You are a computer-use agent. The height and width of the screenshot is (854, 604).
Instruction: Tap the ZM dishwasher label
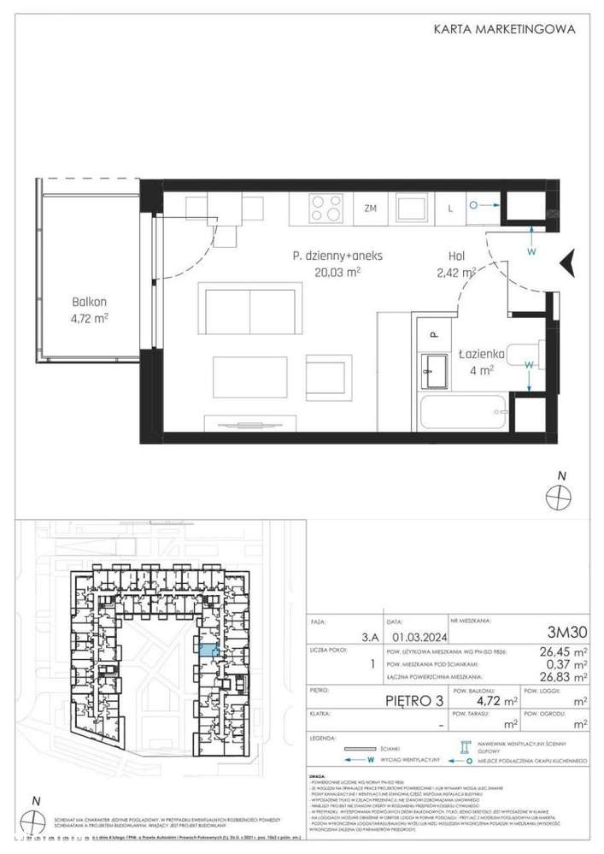pyautogui.click(x=370, y=208)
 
